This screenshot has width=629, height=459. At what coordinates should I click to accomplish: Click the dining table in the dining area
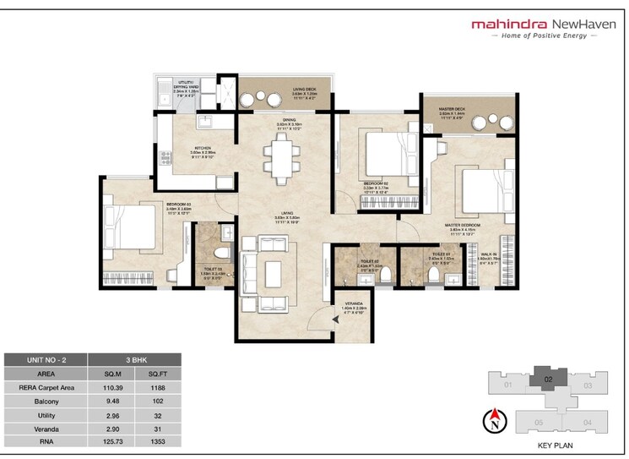click(279, 158)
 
